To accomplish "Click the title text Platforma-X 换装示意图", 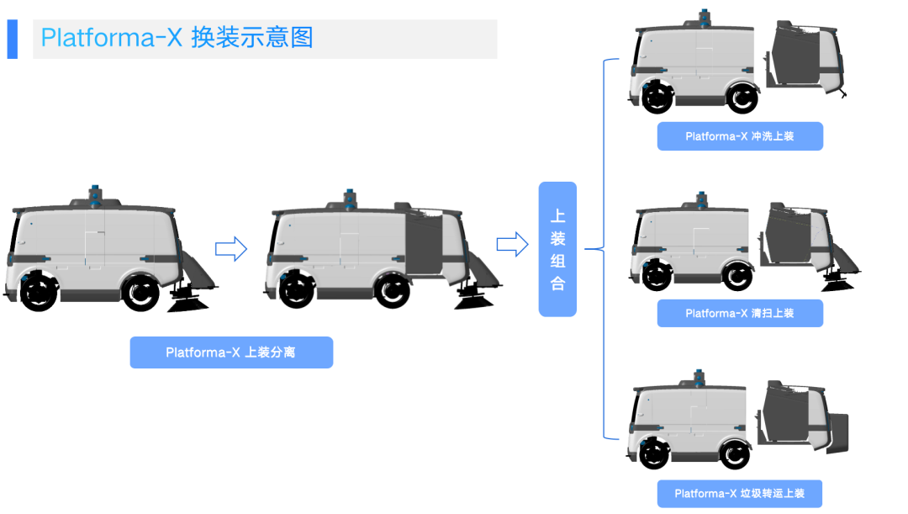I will [x=177, y=38].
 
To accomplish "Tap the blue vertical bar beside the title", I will [x=12, y=39].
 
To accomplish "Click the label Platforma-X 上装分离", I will [x=231, y=352].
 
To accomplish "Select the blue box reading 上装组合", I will [x=557, y=249].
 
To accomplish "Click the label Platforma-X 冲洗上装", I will [x=739, y=136].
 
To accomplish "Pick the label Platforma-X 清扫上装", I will [x=739, y=313].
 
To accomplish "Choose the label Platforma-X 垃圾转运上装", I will [x=739, y=494].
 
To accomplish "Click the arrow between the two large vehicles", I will [x=231, y=248].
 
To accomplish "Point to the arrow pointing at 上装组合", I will [x=512, y=245].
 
